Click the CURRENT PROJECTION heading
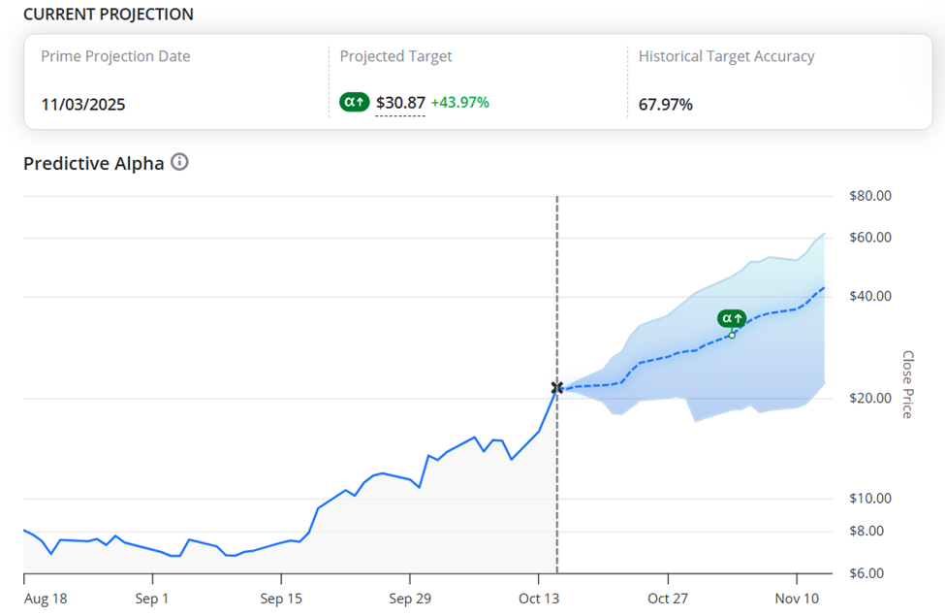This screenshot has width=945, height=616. point(109,15)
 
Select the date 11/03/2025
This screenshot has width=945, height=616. point(83,105)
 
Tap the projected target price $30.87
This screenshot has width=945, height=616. point(400,103)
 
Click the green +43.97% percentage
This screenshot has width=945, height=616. point(460,103)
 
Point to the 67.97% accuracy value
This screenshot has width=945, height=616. point(666,105)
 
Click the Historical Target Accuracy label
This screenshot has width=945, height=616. point(726,56)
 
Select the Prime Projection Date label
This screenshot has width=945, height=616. point(115,56)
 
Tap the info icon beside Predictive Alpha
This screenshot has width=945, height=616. point(179,162)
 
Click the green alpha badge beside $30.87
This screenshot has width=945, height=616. point(354,102)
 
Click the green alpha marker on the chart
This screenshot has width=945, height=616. point(732,318)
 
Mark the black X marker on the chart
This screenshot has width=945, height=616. point(557,388)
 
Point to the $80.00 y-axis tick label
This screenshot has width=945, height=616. point(869,196)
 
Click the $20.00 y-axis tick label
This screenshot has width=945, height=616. point(869,398)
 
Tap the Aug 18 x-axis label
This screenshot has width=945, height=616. point(45,599)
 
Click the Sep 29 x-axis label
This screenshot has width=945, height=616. point(408,599)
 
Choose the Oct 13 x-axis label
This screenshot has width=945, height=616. point(538,599)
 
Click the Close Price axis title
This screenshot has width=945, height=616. point(907,384)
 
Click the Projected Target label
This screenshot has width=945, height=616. point(395,56)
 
